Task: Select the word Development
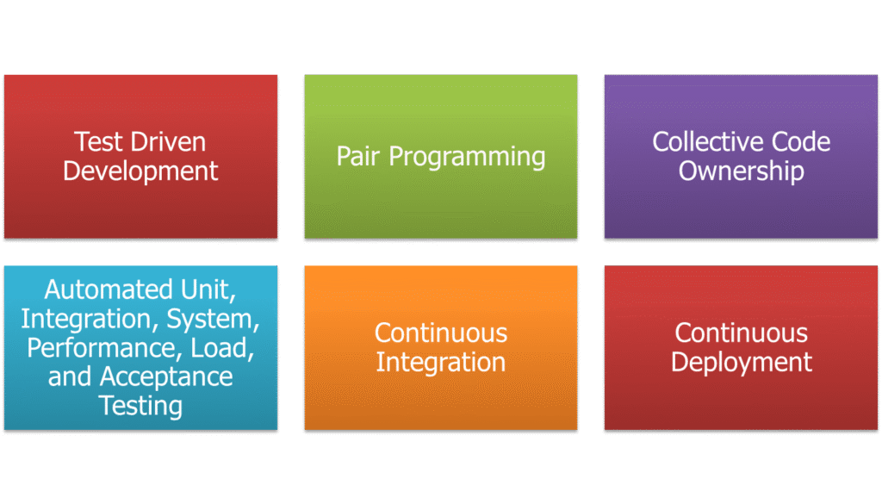tap(140, 171)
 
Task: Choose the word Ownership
tap(741, 171)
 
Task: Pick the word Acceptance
tap(166, 377)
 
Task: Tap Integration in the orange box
tap(440, 363)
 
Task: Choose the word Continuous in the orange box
tap(440, 333)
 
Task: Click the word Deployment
tap(741, 363)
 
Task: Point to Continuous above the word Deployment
tap(741, 333)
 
